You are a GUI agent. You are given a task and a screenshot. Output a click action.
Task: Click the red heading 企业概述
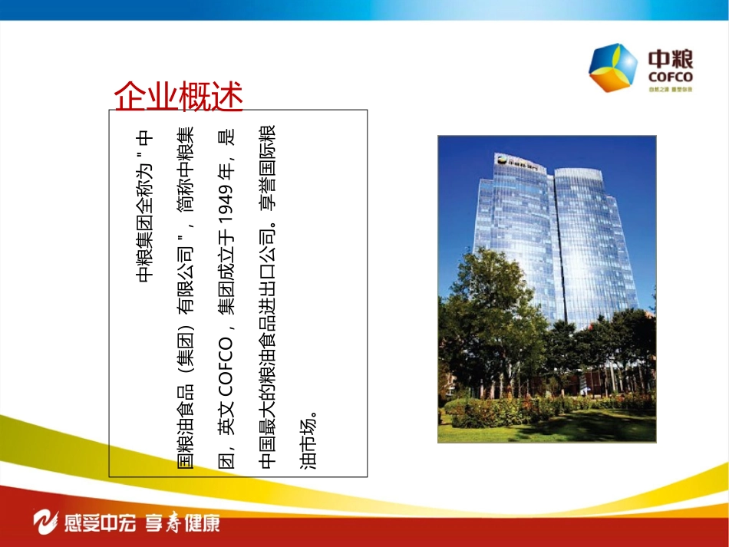pyautogui.click(x=178, y=97)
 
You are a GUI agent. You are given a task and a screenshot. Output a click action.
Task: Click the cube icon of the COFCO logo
pyautogui.click(x=612, y=68)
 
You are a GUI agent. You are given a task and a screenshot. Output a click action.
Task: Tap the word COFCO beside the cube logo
pyautogui.click(x=671, y=77)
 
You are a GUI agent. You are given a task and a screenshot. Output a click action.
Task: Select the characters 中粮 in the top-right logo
pyautogui.click(x=671, y=59)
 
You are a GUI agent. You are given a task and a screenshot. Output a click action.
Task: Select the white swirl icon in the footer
pyautogui.click(x=48, y=523)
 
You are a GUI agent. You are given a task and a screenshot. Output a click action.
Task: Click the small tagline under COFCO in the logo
pyautogui.click(x=670, y=90)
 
